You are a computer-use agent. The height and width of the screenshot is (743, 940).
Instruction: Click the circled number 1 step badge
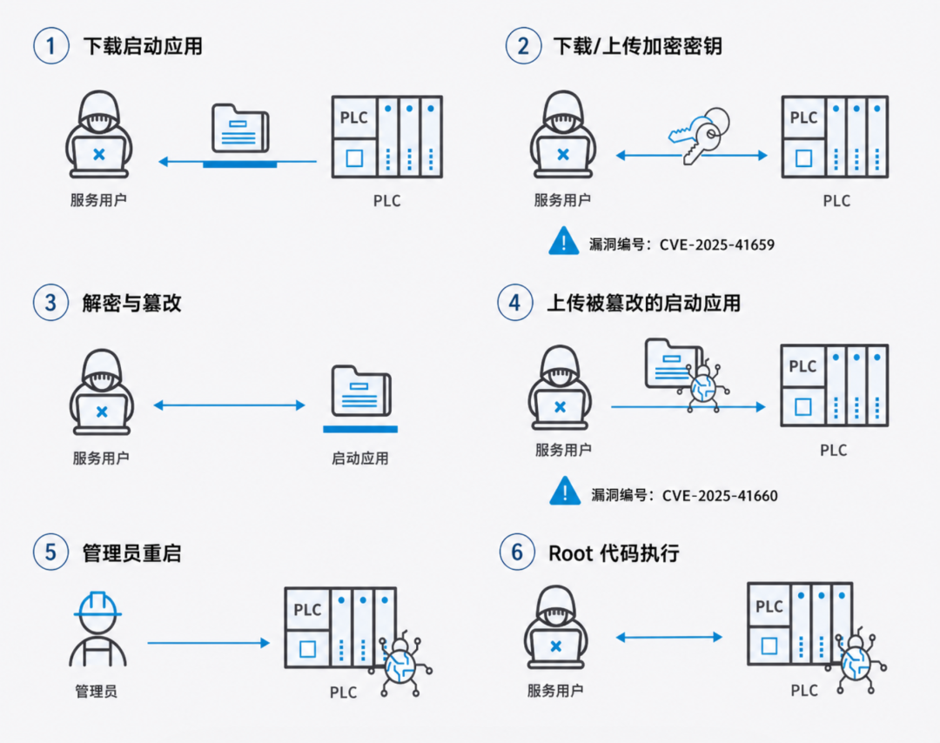[51, 46]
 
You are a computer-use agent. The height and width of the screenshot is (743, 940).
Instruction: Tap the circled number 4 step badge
[515, 303]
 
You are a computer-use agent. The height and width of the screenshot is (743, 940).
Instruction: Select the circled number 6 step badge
[517, 552]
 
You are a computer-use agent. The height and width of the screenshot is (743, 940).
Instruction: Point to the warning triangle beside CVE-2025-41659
[564, 240]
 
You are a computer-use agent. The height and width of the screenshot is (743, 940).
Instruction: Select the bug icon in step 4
[702, 383]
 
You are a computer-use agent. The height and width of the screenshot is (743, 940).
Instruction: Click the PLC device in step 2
[835, 137]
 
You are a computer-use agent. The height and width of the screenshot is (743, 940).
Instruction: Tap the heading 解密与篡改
[131, 303]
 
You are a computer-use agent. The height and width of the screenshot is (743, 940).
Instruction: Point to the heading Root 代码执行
[614, 552]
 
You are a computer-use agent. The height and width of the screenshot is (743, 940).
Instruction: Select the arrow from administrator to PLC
[209, 643]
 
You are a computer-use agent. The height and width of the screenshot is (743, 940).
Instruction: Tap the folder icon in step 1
[240, 131]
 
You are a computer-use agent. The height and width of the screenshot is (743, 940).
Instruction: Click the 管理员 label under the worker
[97, 692]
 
